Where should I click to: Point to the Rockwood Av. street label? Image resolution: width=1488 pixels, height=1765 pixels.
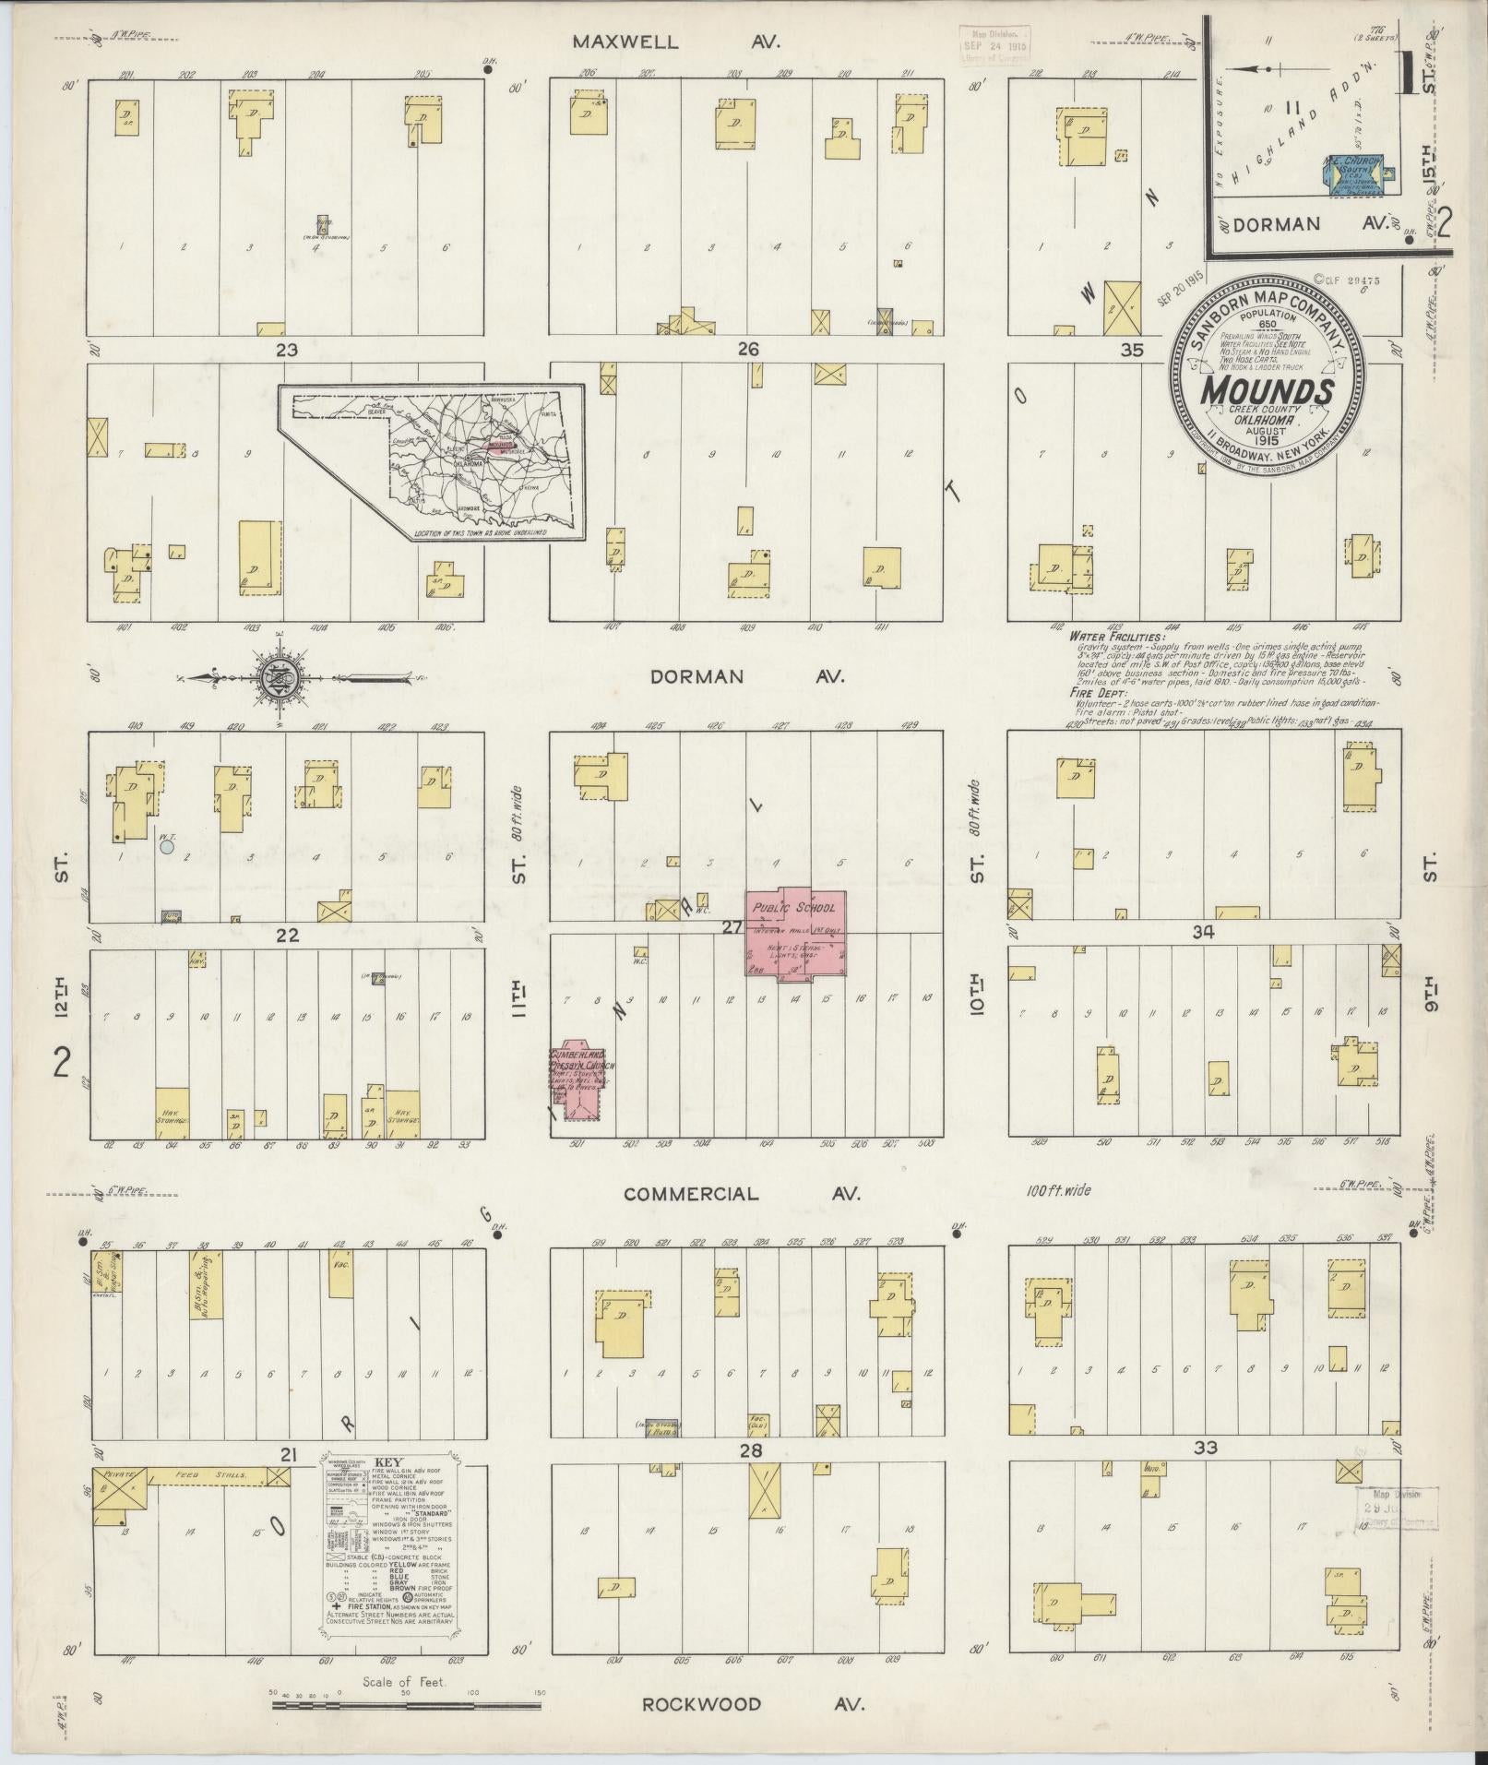[x=753, y=1703]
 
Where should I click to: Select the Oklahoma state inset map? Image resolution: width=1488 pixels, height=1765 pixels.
[x=434, y=461]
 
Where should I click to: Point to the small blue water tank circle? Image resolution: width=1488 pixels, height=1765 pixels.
[x=167, y=845]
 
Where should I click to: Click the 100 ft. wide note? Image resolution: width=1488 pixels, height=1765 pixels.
[x=1058, y=1190]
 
